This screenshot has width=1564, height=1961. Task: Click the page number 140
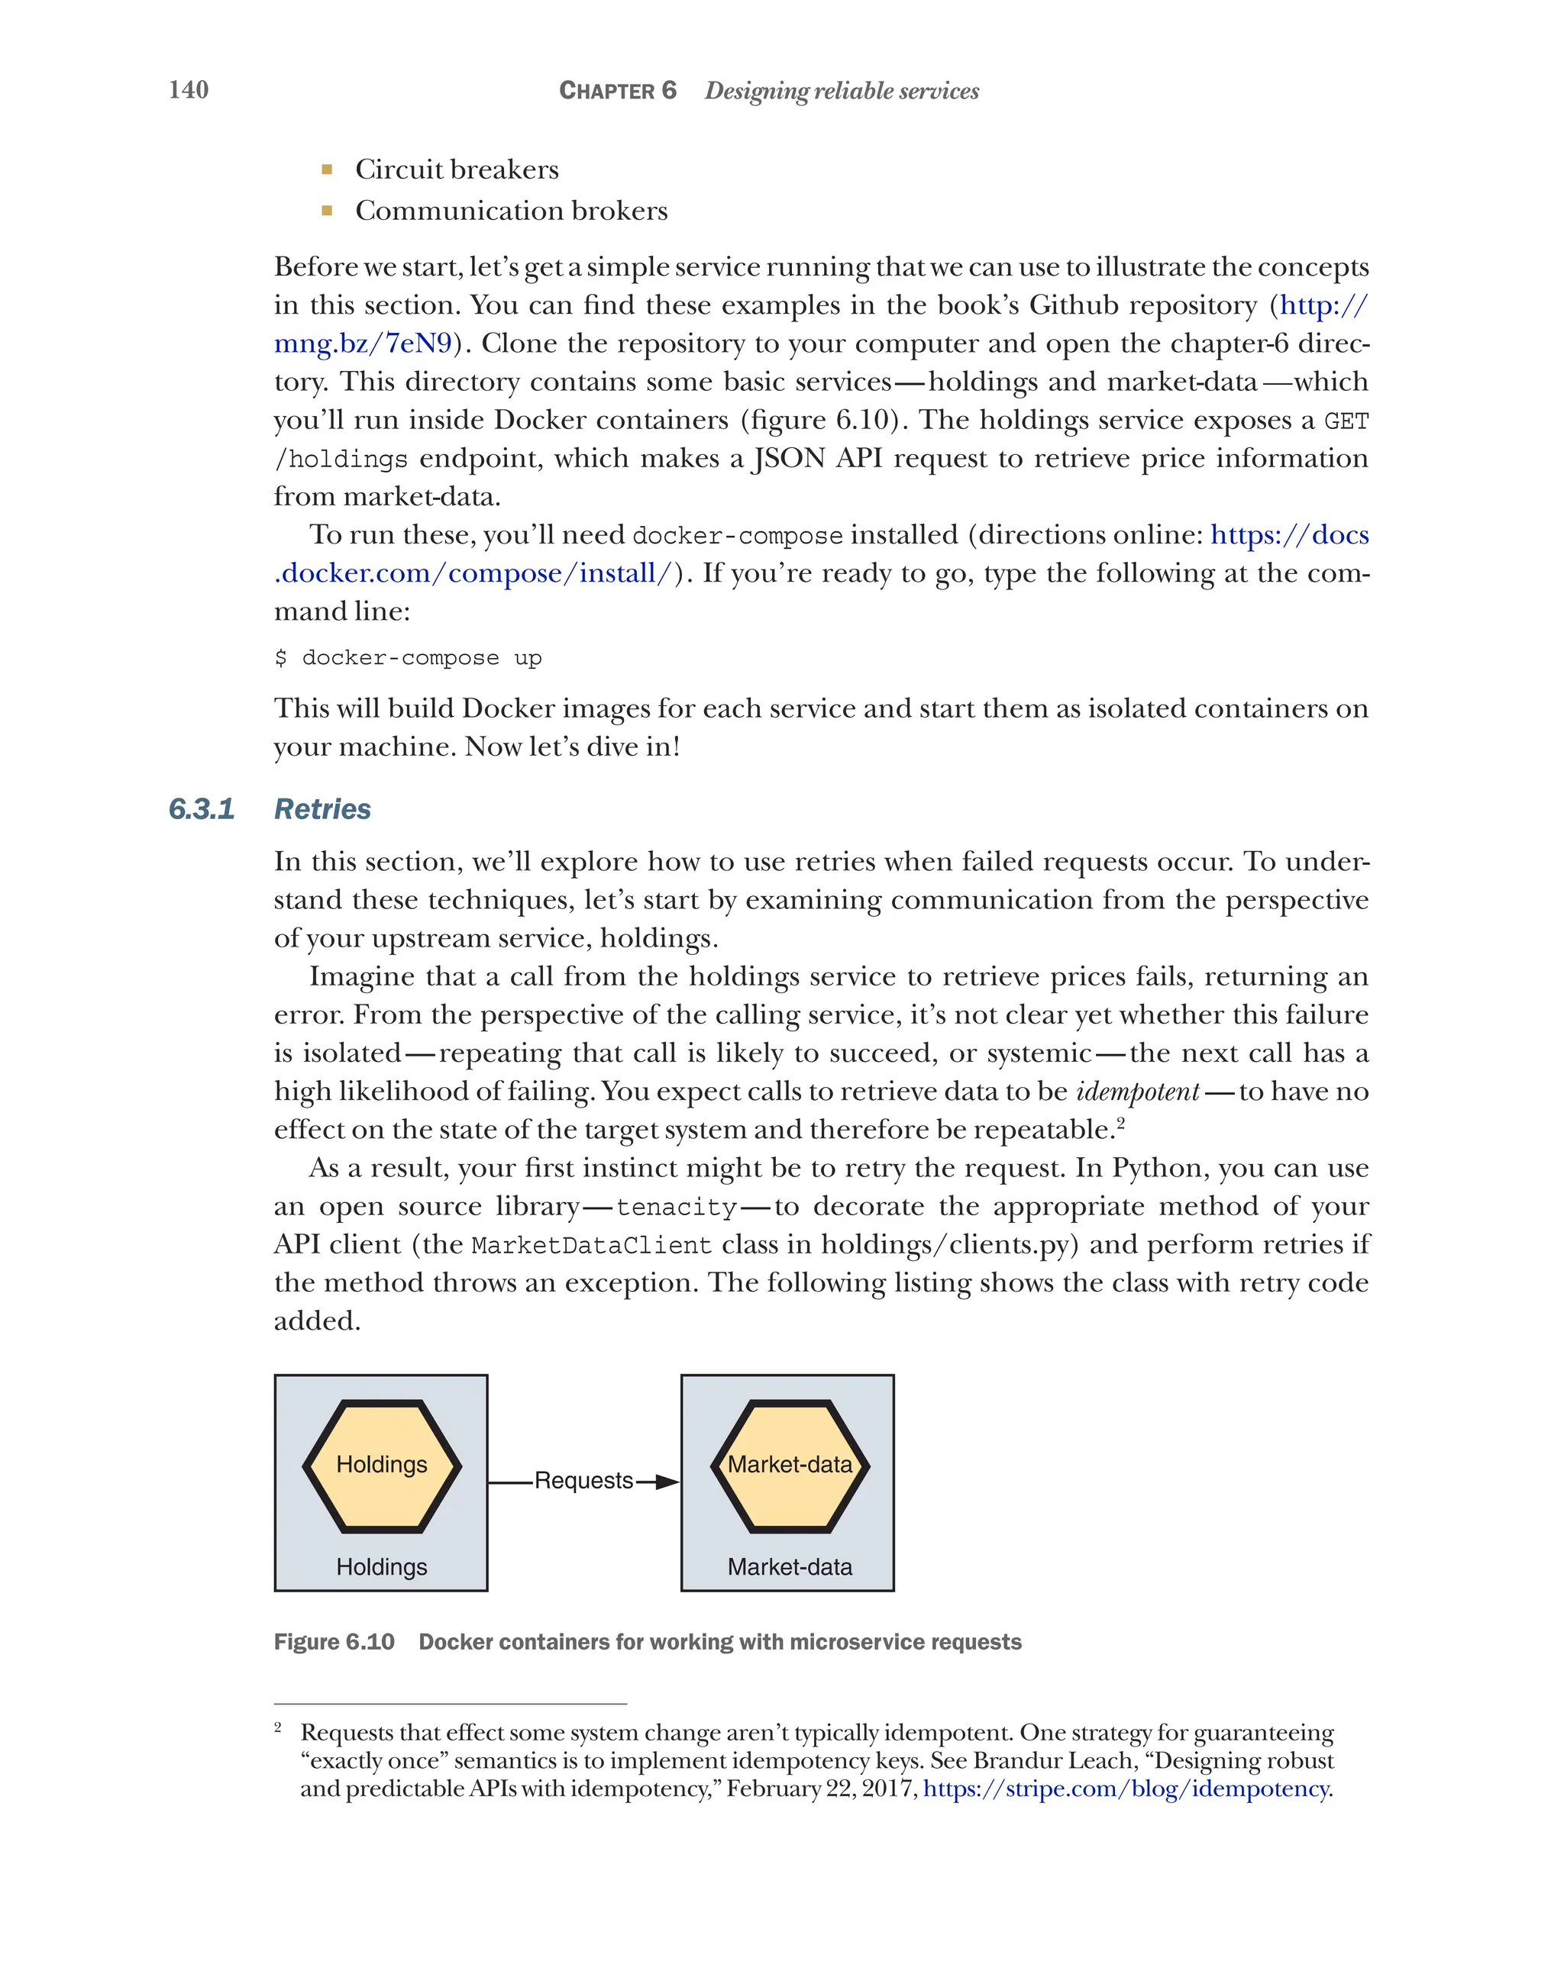[189, 90]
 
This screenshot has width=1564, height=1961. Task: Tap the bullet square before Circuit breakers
[327, 169]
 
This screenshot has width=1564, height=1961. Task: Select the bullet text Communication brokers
[512, 211]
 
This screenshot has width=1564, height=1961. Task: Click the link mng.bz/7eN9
[363, 343]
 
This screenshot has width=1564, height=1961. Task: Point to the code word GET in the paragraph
[1346, 422]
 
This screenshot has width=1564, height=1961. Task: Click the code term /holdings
[341, 460]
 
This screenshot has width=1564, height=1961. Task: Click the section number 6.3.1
[202, 808]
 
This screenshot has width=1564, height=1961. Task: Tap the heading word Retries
[322, 808]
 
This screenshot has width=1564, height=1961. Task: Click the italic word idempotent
[1137, 1092]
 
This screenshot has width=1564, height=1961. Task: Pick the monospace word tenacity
[676, 1207]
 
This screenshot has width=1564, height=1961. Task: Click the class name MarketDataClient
[590, 1245]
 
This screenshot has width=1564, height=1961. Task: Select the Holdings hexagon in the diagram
[381, 1466]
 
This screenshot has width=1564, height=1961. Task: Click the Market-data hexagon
[790, 1466]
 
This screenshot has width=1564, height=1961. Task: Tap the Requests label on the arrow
[583, 1481]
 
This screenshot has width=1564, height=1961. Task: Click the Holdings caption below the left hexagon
[381, 1567]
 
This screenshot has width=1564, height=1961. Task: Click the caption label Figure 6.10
[334, 1642]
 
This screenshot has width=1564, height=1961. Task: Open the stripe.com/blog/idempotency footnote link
[1126, 1789]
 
